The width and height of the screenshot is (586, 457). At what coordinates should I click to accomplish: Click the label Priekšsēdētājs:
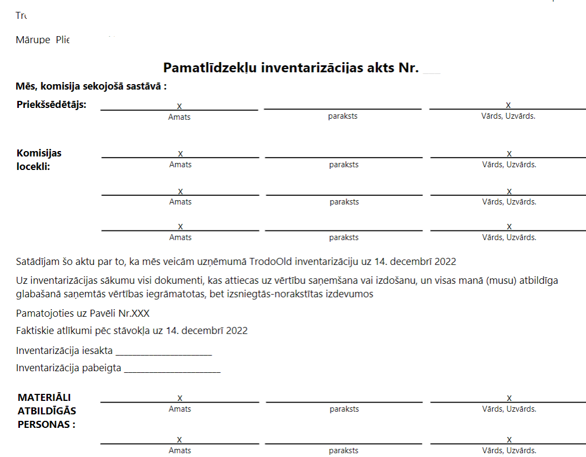point(52,104)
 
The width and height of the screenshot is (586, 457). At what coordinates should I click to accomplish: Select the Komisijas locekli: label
point(39,160)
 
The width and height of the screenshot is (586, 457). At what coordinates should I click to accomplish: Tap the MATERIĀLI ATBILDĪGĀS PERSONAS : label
point(47,411)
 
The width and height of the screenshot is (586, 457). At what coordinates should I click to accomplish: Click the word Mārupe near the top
point(33,40)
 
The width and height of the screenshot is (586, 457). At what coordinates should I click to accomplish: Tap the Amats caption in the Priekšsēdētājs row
point(179,117)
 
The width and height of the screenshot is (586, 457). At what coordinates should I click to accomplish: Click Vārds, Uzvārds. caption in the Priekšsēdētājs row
point(508,117)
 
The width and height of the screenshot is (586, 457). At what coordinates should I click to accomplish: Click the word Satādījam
point(37,262)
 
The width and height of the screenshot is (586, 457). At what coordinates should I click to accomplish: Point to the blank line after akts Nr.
point(432,71)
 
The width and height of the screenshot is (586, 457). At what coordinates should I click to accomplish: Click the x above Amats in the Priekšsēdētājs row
point(179,105)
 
